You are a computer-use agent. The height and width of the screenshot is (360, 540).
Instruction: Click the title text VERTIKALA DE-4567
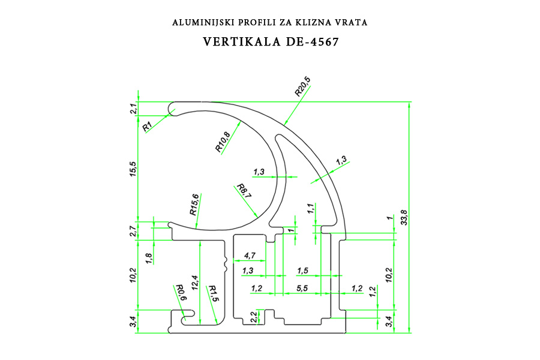point(271,41)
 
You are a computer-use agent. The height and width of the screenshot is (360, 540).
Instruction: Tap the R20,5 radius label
point(303,86)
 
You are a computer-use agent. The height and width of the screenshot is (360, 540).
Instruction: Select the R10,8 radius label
point(223,142)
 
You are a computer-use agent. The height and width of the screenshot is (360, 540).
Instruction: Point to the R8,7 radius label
point(244,191)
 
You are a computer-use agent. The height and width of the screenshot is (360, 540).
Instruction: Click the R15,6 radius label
point(194,204)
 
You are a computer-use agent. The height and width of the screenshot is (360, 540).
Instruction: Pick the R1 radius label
point(148,127)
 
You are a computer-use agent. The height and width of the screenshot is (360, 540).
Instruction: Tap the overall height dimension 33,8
point(404,217)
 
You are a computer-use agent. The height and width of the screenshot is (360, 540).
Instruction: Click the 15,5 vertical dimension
point(133,169)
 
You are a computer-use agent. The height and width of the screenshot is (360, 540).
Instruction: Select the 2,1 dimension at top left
point(134,109)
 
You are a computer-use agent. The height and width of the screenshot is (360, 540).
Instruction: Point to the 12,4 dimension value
point(195,282)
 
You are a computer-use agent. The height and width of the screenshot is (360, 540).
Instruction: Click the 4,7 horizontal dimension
point(250,256)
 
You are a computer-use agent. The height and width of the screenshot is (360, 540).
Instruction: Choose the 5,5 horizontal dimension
point(302,288)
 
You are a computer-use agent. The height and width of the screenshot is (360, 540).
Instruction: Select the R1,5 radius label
point(213,293)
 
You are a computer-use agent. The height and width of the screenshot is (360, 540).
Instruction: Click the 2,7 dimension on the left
point(134,230)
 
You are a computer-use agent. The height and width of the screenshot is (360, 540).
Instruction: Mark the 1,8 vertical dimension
point(149,259)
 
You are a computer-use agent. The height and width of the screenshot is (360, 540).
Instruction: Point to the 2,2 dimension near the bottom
point(253,317)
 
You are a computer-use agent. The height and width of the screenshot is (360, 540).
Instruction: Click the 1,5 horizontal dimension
point(302,271)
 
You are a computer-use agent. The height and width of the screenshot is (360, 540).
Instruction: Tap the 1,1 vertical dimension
point(311,208)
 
